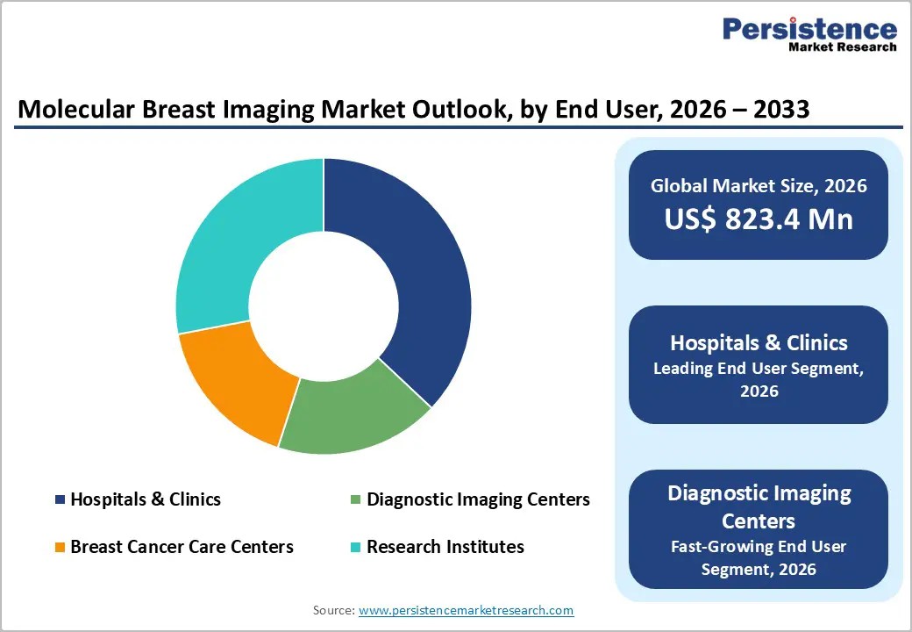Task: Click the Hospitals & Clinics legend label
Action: [x=146, y=499]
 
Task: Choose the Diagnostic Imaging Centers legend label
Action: [x=478, y=499]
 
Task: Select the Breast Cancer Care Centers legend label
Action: [x=182, y=547]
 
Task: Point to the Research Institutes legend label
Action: [x=445, y=547]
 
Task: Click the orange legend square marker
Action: [x=60, y=548]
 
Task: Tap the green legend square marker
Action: [x=355, y=500]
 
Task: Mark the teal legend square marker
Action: [x=355, y=548]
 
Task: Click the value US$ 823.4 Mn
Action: [x=759, y=219]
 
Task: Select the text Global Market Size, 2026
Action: [x=759, y=185]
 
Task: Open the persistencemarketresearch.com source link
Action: [x=466, y=610]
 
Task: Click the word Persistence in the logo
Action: [x=809, y=28]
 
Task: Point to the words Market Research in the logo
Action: [x=841, y=47]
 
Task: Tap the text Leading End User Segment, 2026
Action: [x=759, y=379]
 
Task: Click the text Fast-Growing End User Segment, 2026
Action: [x=759, y=557]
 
